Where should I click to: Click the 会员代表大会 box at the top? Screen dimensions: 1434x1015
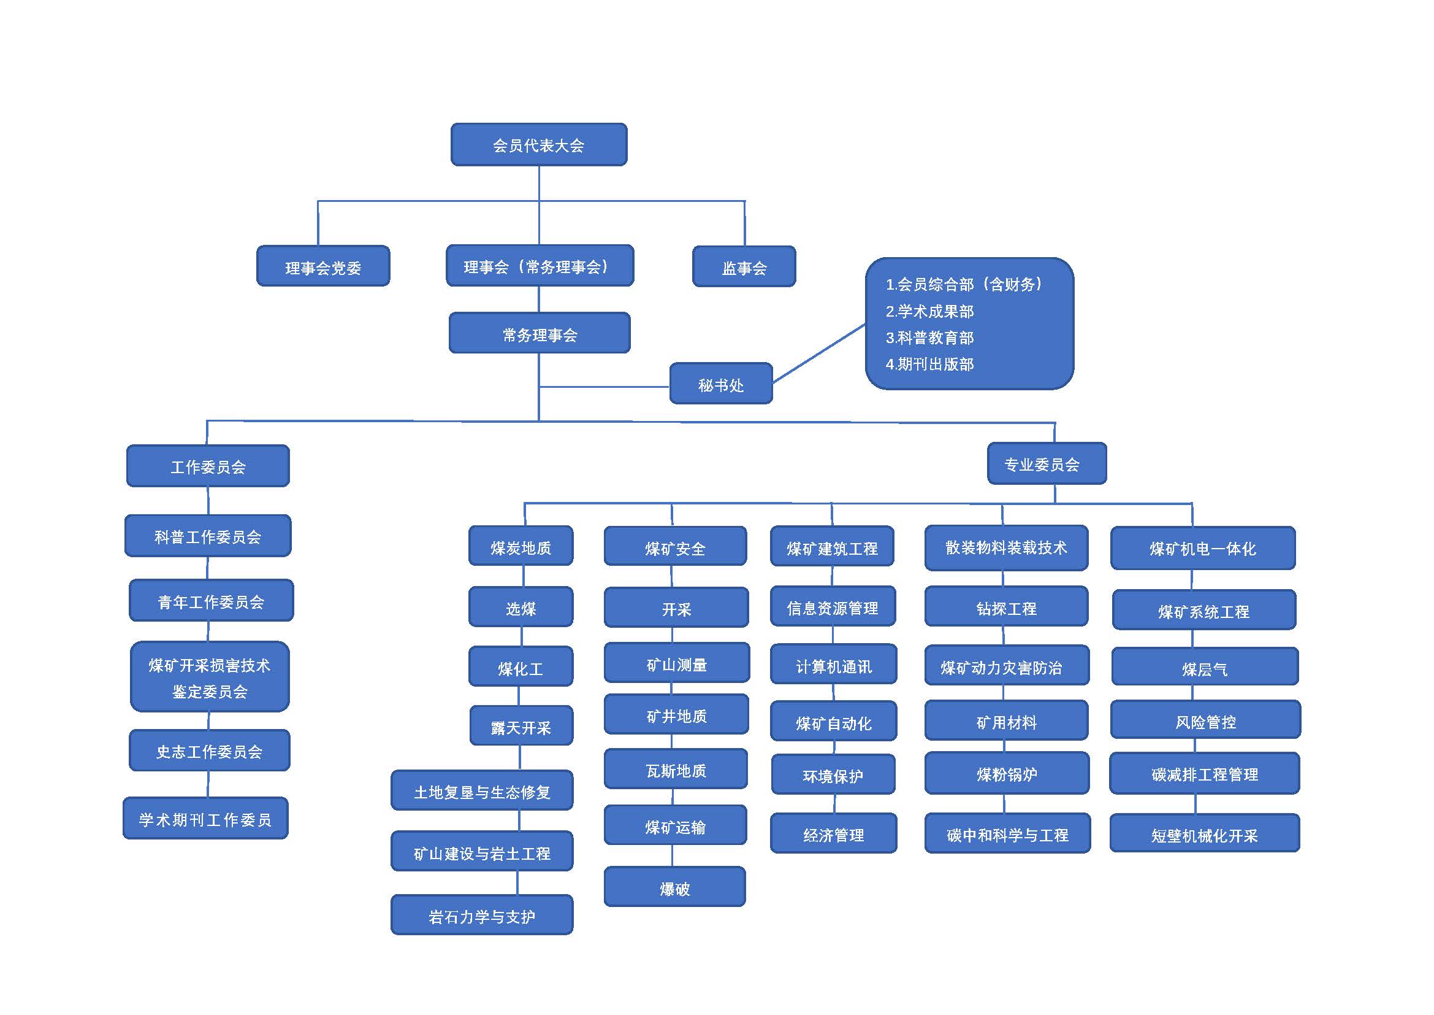click(x=539, y=144)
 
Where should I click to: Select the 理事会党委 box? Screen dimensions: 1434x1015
click(x=323, y=266)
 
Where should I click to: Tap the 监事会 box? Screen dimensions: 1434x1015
click(x=744, y=267)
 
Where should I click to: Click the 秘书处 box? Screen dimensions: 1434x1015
click(x=721, y=384)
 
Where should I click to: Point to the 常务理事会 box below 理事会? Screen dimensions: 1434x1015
click(x=540, y=333)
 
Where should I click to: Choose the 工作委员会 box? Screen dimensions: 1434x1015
click(x=208, y=466)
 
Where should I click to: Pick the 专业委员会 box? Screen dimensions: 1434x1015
click(x=1047, y=464)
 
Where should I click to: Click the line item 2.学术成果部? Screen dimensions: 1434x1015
click(x=929, y=311)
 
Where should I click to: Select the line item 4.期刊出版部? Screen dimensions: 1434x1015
click(x=929, y=364)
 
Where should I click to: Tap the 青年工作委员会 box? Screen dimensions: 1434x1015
click(x=211, y=601)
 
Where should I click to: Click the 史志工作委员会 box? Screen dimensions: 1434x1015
click(x=209, y=751)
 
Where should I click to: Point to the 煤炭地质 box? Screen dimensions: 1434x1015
click(x=521, y=546)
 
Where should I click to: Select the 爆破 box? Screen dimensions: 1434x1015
click(x=674, y=886)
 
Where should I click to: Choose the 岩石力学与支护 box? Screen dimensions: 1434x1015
click(x=481, y=915)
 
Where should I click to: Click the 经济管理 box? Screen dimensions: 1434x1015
click(x=833, y=833)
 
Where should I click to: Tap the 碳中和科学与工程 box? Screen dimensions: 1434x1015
click(x=1007, y=833)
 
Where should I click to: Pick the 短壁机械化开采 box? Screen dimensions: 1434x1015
click(x=1204, y=833)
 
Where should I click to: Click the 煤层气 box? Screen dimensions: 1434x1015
click(x=1205, y=667)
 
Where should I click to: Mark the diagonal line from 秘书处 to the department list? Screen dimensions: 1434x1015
click(x=819, y=353)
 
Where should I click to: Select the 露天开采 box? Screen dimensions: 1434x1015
click(x=521, y=725)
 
